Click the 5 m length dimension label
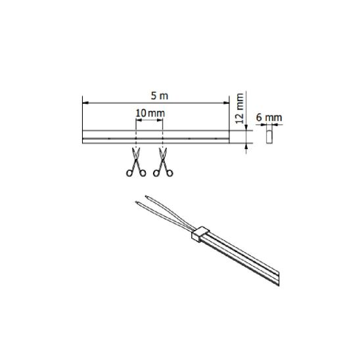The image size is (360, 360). [x=160, y=96]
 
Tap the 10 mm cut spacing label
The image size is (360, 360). [x=150, y=113]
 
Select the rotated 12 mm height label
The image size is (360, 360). [x=240, y=108]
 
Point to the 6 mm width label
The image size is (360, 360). [x=269, y=118]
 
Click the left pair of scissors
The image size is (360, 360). [x=136, y=162]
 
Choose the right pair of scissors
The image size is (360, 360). [x=163, y=162]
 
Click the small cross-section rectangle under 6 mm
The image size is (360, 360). [x=269, y=137]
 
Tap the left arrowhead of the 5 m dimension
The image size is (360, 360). [x=85, y=103]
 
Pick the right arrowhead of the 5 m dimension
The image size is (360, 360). [x=227, y=103]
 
